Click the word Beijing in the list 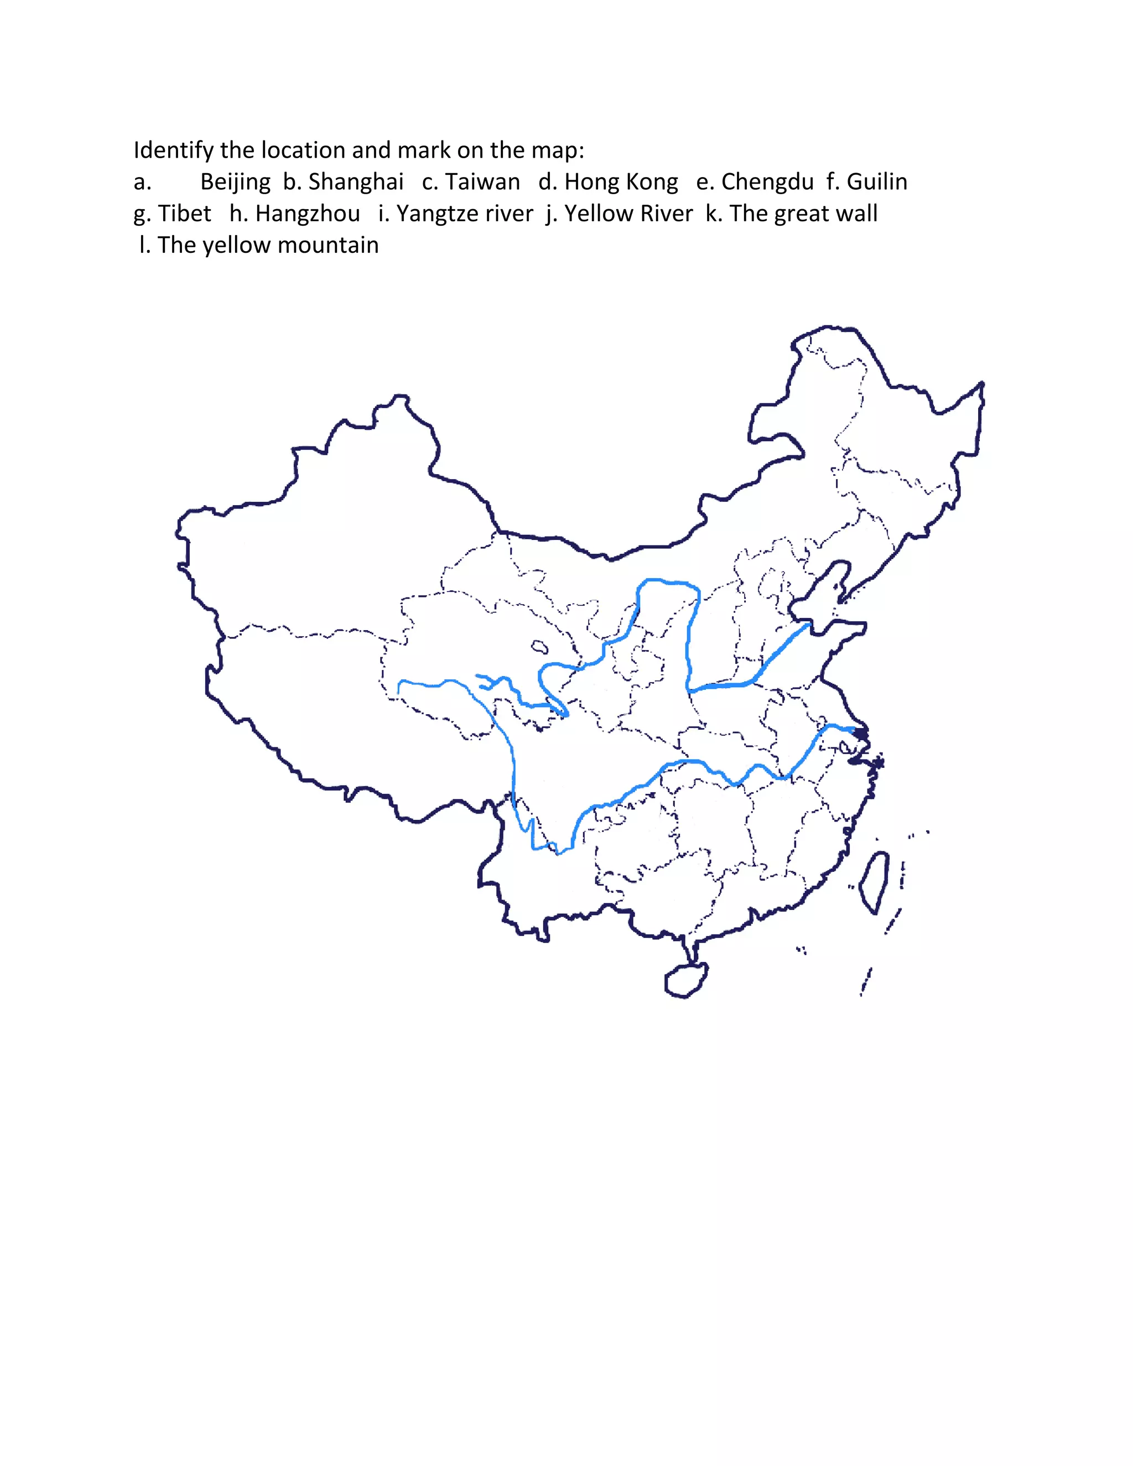[x=235, y=182]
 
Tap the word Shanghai [x=356, y=182]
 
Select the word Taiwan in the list [x=482, y=182]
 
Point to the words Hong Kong [x=621, y=182]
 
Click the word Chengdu [x=767, y=182]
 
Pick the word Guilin [x=877, y=182]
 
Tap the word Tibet [x=185, y=214]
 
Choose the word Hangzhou [x=308, y=214]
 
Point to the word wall [x=859, y=214]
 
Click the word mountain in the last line [x=328, y=245]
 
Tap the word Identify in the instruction [x=174, y=150]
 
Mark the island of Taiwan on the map [x=875, y=882]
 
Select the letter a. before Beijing [x=142, y=182]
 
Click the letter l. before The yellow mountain [x=144, y=245]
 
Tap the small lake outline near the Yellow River [x=539, y=647]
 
